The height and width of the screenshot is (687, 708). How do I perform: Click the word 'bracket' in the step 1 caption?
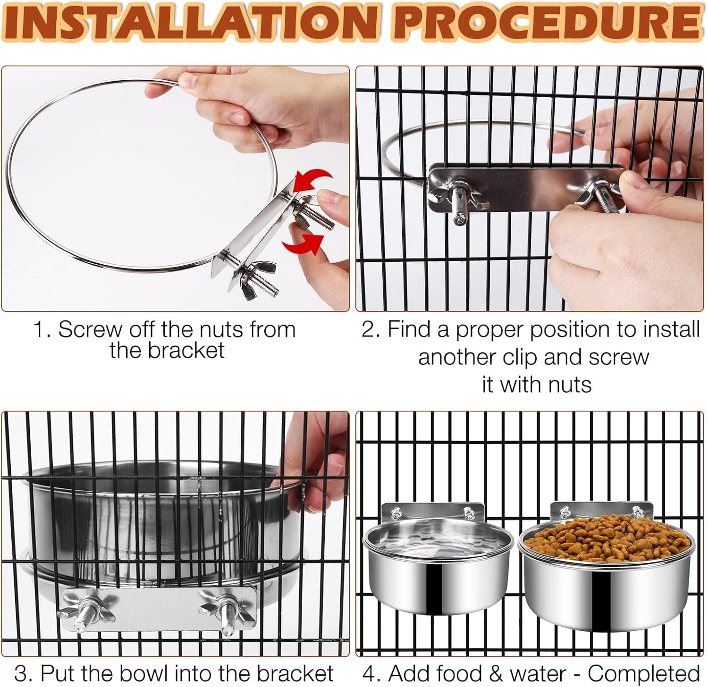pyautogui.click(x=186, y=351)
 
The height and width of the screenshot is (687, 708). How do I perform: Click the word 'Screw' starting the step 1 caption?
pyautogui.click(x=90, y=329)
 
